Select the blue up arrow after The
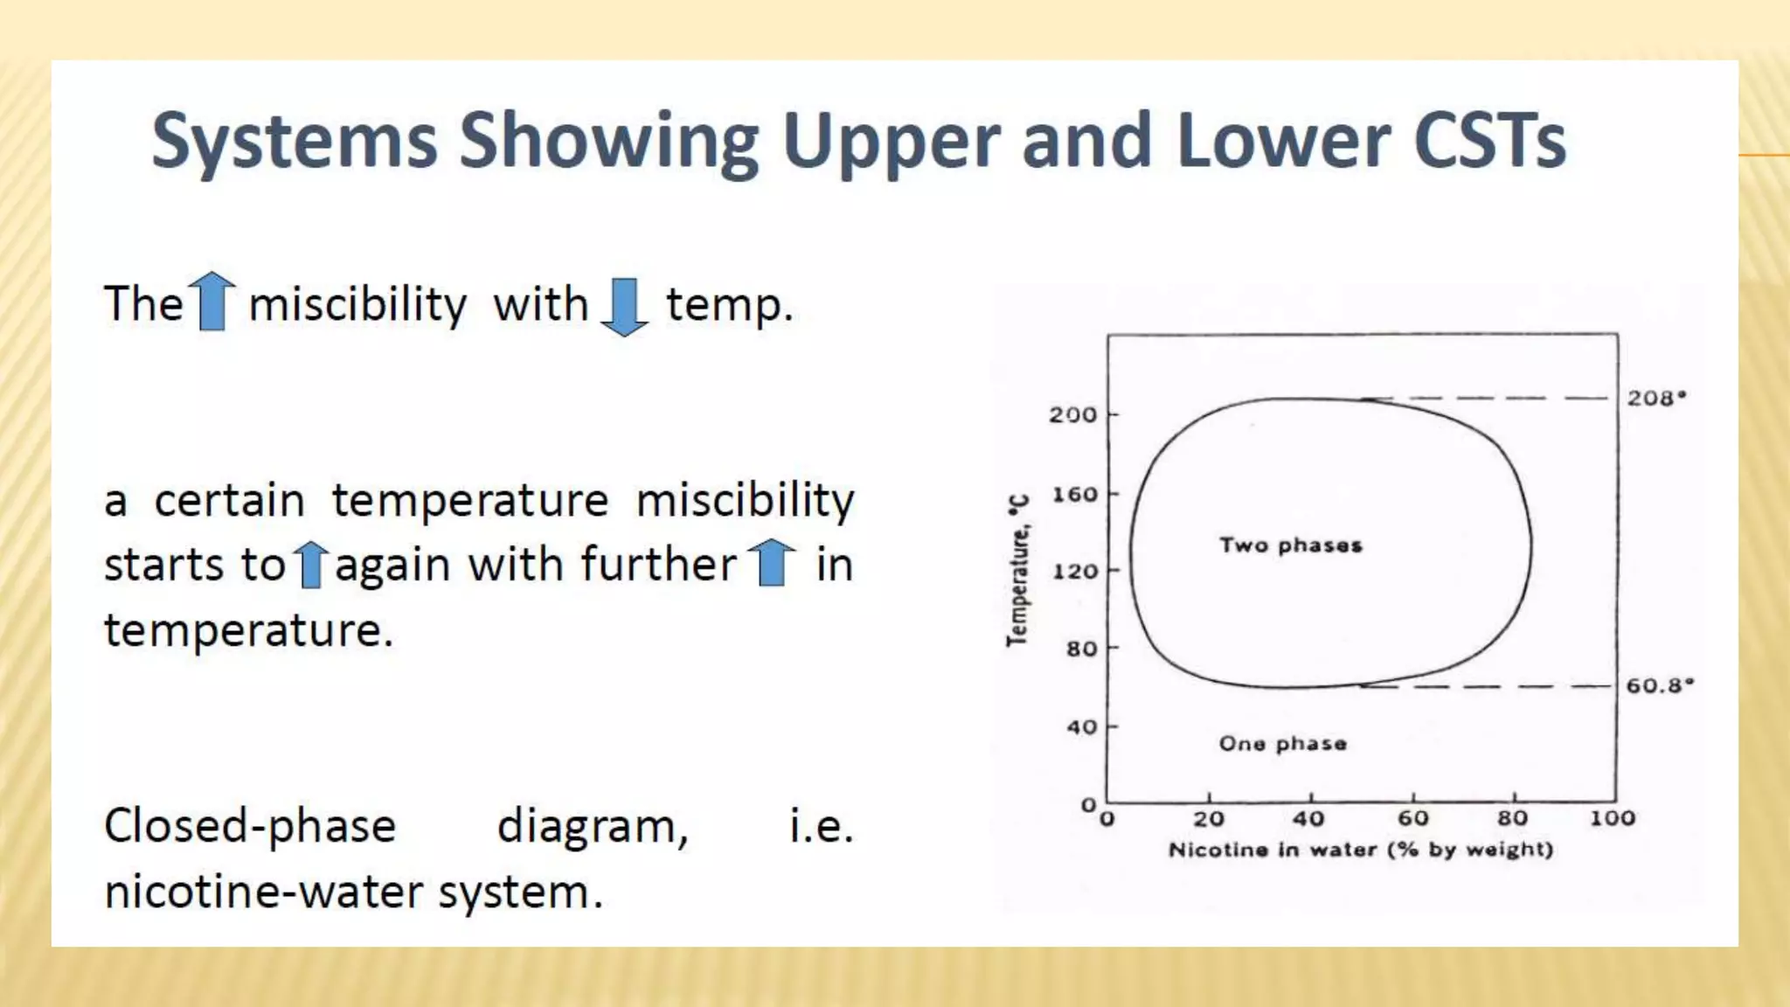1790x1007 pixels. [x=212, y=302]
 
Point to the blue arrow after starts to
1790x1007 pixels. [x=310, y=564]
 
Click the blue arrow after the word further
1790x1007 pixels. [x=773, y=563]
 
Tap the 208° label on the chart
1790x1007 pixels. [x=1655, y=399]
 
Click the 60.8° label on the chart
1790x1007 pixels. [x=1659, y=685]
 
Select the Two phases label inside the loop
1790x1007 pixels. [x=1291, y=545]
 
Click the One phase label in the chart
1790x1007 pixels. [x=1282, y=744]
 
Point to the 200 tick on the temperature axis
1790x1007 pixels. [x=1073, y=415]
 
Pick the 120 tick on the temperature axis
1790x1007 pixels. [x=1074, y=572]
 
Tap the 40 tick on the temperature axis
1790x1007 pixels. [x=1081, y=727]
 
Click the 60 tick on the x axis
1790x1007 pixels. [x=1412, y=819]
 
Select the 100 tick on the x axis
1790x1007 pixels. [x=1612, y=819]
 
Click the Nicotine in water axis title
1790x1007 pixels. [x=1360, y=850]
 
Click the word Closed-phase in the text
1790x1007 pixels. [x=250, y=826]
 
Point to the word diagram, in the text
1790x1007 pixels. [x=593, y=826]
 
